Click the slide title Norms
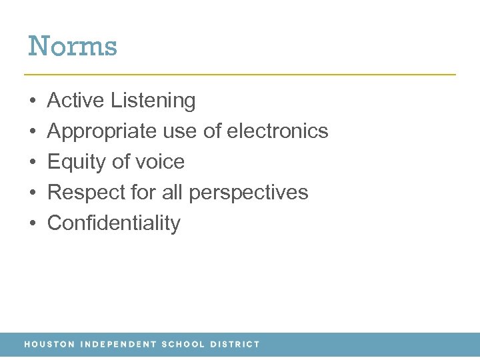click(73, 46)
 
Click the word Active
click(76, 101)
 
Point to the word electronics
click(277, 131)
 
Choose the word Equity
click(73, 162)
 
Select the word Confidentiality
click(113, 223)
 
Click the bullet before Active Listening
click(33, 101)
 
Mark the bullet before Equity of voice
click(33, 163)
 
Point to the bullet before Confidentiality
click(33, 224)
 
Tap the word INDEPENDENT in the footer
click(119, 345)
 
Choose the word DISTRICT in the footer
click(235, 345)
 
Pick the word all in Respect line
click(173, 193)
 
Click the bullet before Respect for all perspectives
click(33, 193)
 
